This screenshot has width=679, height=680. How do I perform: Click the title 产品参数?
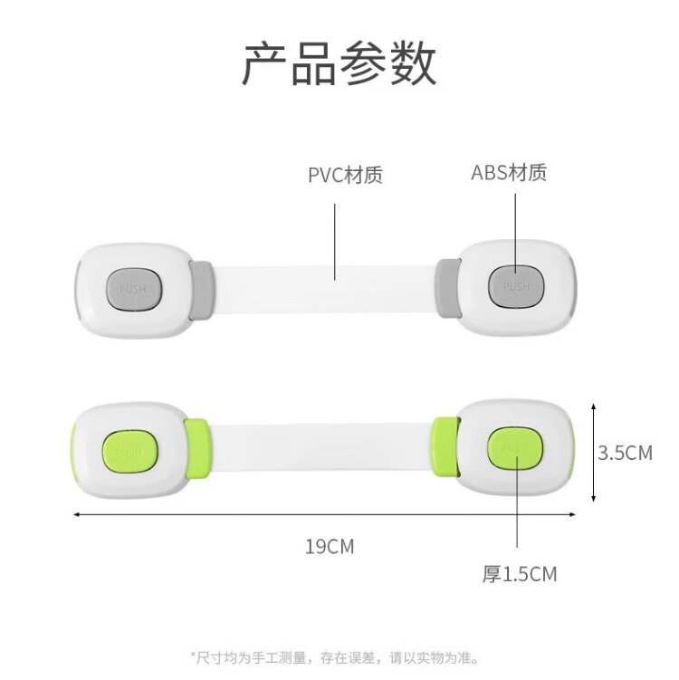coord(339,65)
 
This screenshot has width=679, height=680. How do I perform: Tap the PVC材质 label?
coord(345,175)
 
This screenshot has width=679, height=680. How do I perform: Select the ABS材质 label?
coord(509,172)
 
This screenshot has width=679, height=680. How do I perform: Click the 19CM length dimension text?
coord(330,547)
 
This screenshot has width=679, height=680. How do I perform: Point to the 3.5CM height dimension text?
coord(625,453)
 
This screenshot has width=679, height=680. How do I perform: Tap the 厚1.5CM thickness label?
coord(520,573)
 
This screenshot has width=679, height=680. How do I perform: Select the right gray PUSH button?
coord(516,286)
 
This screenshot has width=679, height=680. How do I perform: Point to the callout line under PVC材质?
coord(336,239)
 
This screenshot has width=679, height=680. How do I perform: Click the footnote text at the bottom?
coord(334,656)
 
